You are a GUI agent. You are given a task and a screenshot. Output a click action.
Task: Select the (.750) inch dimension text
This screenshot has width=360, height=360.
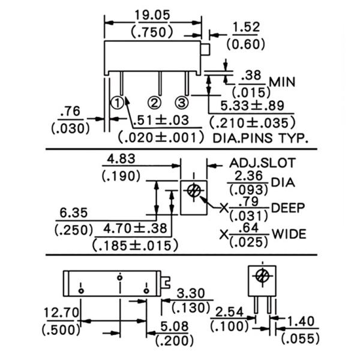(152, 31)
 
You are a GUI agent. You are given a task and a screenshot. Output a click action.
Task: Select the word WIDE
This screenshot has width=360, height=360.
(289, 233)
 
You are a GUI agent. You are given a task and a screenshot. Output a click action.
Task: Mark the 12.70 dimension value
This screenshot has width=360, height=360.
(61, 312)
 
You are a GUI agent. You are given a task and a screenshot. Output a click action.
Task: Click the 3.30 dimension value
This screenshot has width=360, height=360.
(193, 293)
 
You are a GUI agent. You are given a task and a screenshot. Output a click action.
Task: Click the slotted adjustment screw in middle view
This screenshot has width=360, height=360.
(194, 191)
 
